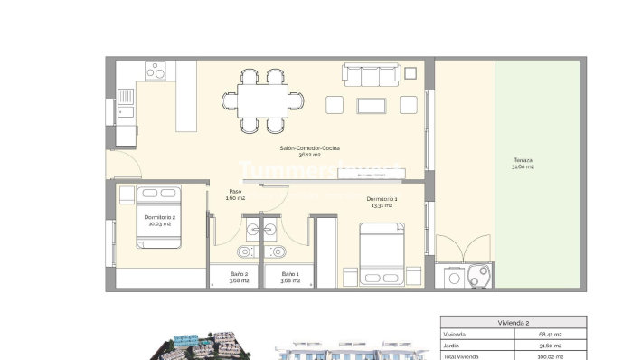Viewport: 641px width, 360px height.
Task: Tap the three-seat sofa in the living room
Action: point(372,75)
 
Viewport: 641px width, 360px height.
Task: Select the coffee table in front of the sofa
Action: point(372,106)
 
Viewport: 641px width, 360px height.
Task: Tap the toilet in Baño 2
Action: point(244,251)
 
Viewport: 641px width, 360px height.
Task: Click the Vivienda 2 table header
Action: point(513,322)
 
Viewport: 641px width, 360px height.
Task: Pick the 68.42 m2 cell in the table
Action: point(550,334)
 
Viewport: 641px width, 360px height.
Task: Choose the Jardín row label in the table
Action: point(452,345)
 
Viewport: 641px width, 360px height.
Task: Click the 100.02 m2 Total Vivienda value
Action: point(550,355)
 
